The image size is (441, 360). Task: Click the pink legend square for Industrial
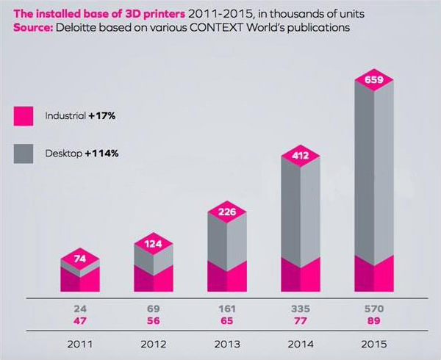coord(24,115)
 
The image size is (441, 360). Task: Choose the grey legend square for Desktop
coord(24,154)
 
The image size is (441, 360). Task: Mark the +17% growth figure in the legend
coord(103,115)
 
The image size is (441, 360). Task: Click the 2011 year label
coord(80,343)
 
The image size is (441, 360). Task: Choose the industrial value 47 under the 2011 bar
coord(80,321)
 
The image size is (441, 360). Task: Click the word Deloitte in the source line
coord(78,27)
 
